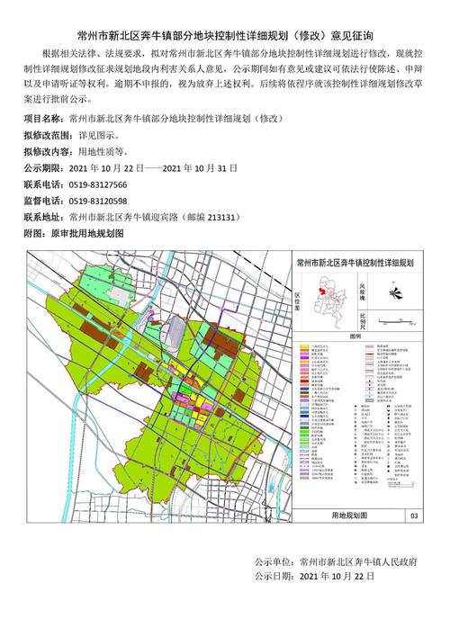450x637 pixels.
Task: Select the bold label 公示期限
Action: pyautogui.click(x=40, y=166)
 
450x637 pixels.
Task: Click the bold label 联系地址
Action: pyautogui.click(x=40, y=217)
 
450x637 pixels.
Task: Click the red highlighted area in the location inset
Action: pyautogui.click(x=319, y=292)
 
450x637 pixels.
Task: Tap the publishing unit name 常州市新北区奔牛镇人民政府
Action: pyautogui.click(x=358, y=560)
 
